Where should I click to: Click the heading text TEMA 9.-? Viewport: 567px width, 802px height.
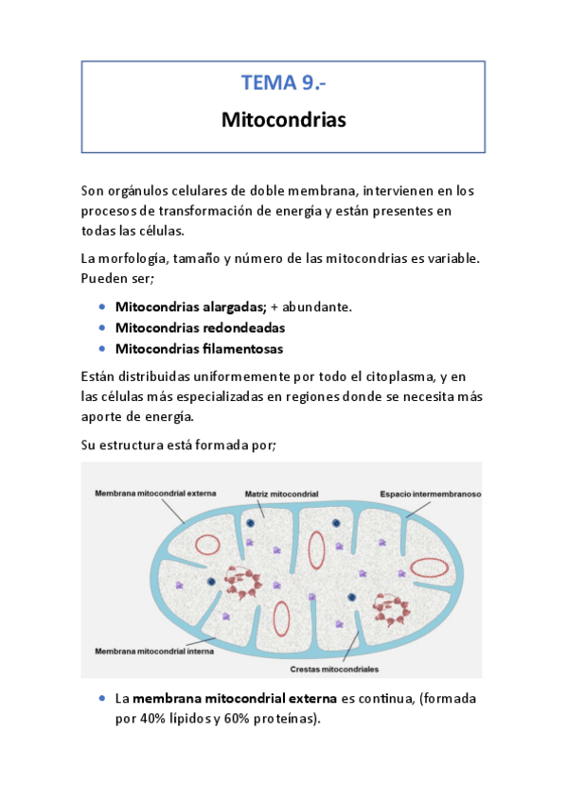click(283, 83)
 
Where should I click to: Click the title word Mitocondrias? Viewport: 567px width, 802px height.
click(283, 121)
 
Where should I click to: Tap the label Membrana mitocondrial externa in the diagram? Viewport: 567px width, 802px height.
click(155, 493)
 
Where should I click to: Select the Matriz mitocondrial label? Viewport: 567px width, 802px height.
click(281, 494)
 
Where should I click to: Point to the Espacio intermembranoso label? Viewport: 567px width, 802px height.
click(431, 494)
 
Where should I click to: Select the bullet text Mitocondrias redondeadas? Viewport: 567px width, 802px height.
click(200, 327)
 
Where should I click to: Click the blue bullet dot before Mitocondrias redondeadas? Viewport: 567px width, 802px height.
click(101, 327)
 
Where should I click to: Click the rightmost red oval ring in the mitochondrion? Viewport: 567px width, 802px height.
click(430, 567)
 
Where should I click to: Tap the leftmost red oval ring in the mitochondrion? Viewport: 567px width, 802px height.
click(207, 544)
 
